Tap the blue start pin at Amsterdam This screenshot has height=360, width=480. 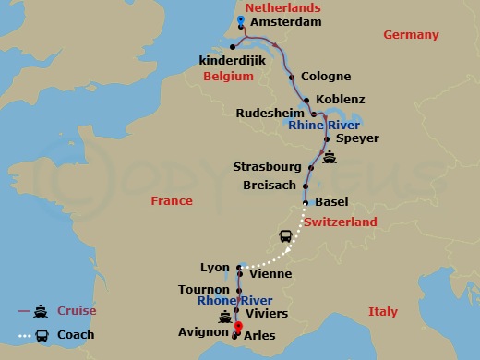(241, 19)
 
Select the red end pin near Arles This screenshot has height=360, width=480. (237, 327)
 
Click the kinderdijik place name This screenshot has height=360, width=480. (232, 60)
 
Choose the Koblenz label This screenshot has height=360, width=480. (340, 99)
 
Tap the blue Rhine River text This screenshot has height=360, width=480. (325, 125)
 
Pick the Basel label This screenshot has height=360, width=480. (331, 202)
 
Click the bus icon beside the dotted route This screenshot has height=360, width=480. (286, 237)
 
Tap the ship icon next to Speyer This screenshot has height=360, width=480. (330, 156)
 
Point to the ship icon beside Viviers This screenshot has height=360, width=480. (223, 317)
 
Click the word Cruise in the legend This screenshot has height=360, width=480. (75, 311)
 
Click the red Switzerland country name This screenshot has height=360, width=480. (341, 222)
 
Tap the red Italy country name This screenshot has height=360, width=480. (383, 312)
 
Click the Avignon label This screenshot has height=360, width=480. (202, 331)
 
